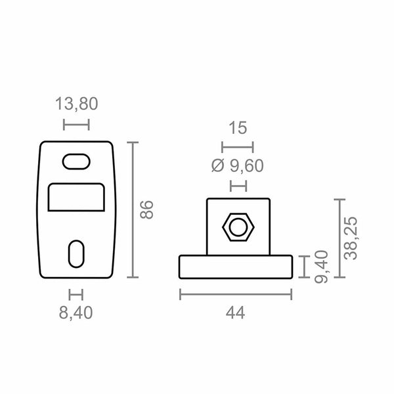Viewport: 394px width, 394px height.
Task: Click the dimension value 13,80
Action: point(76,104)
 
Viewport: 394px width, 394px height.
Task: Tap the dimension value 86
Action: point(146,210)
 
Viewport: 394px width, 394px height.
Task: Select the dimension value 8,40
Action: point(76,313)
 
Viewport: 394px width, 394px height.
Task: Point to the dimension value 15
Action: point(238,127)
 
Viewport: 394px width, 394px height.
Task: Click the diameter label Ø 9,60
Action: point(238,165)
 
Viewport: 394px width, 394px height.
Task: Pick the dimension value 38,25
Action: point(351,238)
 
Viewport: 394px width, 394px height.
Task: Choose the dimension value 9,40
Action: point(321,267)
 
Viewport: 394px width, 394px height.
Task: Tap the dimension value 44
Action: point(235,313)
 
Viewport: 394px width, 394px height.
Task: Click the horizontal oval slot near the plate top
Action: point(76,162)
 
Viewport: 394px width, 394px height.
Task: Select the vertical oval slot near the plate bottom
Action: point(76,254)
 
